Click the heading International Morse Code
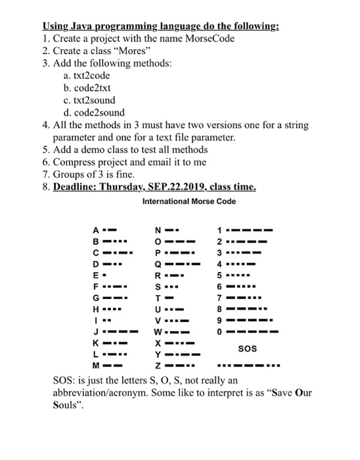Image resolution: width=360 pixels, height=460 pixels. coord(188,201)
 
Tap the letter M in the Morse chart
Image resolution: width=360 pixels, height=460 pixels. coord(96,367)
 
